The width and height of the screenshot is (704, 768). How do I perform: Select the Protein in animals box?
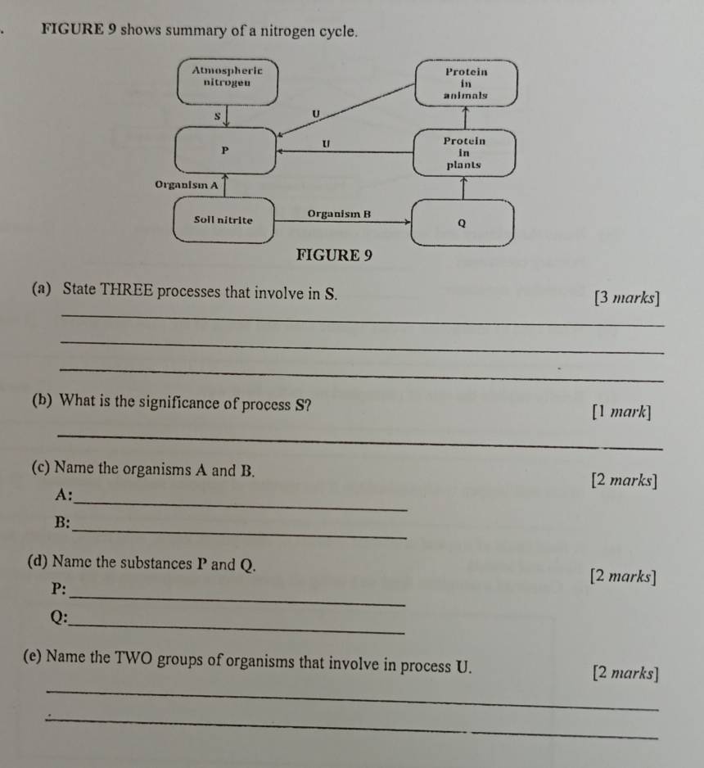coord(465,83)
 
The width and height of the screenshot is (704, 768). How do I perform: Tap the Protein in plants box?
coord(463,152)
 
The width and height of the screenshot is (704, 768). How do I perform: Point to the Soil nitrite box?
coord(223,219)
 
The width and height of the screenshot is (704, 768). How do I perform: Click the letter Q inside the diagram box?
coord(462,221)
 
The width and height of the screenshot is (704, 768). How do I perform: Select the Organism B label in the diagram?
coord(339,214)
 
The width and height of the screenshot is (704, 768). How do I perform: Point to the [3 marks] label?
coord(628,298)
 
